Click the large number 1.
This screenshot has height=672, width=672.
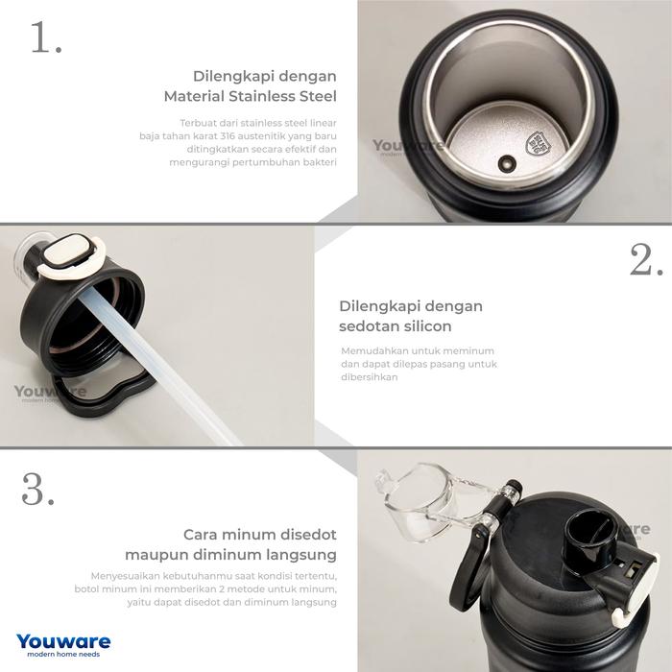click(x=46, y=36)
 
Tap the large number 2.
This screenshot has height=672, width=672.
click(x=646, y=260)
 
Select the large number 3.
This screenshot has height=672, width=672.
click(x=37, y=489)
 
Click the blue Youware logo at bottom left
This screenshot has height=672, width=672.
click(x=63, y=641)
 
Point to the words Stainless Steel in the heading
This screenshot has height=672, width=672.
click(x=282, y=96)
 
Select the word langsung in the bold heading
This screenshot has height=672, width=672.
click(x=301, y=555)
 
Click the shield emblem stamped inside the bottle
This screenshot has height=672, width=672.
click(x=539, y=144)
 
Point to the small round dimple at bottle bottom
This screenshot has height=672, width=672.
click(x=507, y=164)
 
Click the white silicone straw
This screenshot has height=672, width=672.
click(x=158, y=364)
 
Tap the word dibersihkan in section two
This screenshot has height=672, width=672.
click(x=369, y=377)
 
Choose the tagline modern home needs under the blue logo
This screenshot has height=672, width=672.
click(x=63, y=655)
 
